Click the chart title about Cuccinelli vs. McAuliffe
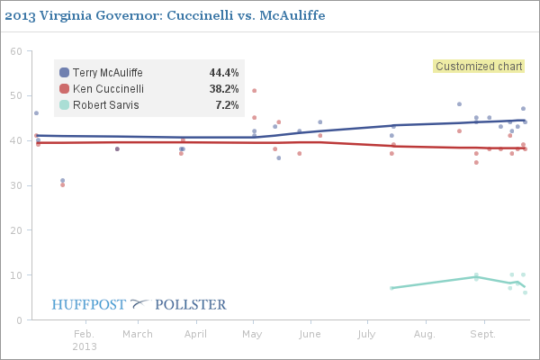point(165,16)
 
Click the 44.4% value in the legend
point(223,73)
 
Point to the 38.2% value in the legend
point(223,89)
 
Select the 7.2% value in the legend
point(226,105)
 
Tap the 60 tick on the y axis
point(15,51)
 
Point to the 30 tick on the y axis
point(15,185)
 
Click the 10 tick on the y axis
point(15,274)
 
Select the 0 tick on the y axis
point(18,319)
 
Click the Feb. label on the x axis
point(84,334)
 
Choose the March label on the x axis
point(138,334)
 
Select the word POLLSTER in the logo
point(191,304)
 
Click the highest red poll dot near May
point(255,90)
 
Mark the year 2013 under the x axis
point(84,346)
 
